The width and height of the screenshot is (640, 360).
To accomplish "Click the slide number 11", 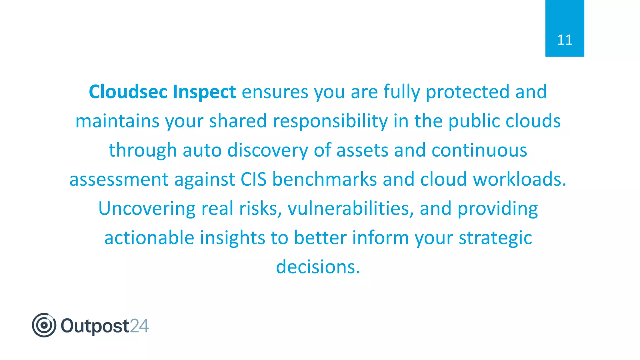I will coord(564,40).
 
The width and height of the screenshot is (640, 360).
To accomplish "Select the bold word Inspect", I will coord(204,92).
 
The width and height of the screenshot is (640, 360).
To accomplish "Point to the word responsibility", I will coord(330,121).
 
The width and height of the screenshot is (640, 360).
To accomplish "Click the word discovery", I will coord(267,150).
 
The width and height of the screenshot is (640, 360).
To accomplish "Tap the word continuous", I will coord(479,150).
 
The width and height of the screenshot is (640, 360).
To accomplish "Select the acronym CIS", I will coord(253,179).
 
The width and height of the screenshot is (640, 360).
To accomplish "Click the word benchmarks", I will coord(324,179).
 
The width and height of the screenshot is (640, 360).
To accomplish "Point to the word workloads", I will coord(519,179).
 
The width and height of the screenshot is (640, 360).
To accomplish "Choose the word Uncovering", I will coord(147,208).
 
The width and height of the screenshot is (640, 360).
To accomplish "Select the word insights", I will coord(232,238).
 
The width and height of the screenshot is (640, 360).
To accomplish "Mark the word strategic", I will coord(495,238).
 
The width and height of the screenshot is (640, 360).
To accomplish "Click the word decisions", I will coord(318,267).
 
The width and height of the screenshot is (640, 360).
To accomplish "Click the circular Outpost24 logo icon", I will coord(44,325).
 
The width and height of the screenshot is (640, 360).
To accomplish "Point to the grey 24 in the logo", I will coord(139,326).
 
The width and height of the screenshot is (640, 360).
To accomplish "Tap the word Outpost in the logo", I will coord(95,326).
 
